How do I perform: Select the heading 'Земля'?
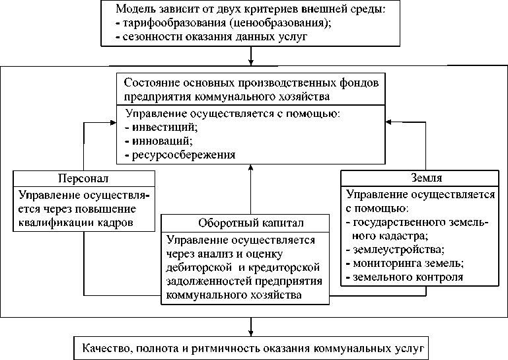(424, 178)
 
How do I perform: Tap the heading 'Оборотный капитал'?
(244, 221)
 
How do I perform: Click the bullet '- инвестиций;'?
(161, 127)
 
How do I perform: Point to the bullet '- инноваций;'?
(159, 141)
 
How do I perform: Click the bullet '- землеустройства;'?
(395, 250)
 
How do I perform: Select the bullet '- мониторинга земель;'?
(403, 264)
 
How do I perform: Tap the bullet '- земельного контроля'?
(404, 277)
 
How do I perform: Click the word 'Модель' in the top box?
(135, 9)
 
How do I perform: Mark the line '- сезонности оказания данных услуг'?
(211, 37)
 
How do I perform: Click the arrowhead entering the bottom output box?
(251, 332)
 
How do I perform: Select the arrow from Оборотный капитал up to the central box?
(251, 192)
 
